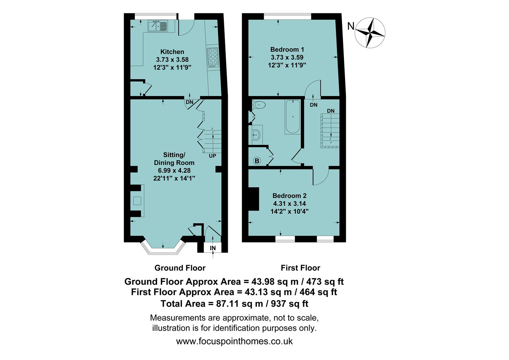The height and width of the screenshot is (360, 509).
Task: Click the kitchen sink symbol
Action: click(x=159, y=26)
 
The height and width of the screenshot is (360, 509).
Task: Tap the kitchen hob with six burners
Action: click(x=212, y=57)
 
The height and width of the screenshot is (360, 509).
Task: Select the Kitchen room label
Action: click(x=172, y=52)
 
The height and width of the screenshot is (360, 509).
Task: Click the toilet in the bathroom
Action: click(x=259, y=105)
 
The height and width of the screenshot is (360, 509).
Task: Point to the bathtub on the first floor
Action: click(x=292, y=117)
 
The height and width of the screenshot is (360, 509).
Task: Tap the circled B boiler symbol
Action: click(x=257, y=161)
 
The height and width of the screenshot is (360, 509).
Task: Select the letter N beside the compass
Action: click(x=350, y=26)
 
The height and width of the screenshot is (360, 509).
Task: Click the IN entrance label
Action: click(x=213, y=248)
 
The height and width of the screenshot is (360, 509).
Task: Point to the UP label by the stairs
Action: click(x=212, y=156)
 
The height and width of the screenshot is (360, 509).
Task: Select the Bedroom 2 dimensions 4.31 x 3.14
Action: click(x=289, y=204)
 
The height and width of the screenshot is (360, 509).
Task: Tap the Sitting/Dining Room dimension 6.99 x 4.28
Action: click(x=174, y=170)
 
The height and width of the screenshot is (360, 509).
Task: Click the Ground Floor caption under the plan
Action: click(x=180, y=268)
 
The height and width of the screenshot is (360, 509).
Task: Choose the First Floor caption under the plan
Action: click(x=300, y=268)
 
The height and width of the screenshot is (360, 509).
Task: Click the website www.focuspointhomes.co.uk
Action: click(x=234, y=341)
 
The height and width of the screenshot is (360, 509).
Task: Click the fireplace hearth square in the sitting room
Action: click(x=137, y=201)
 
